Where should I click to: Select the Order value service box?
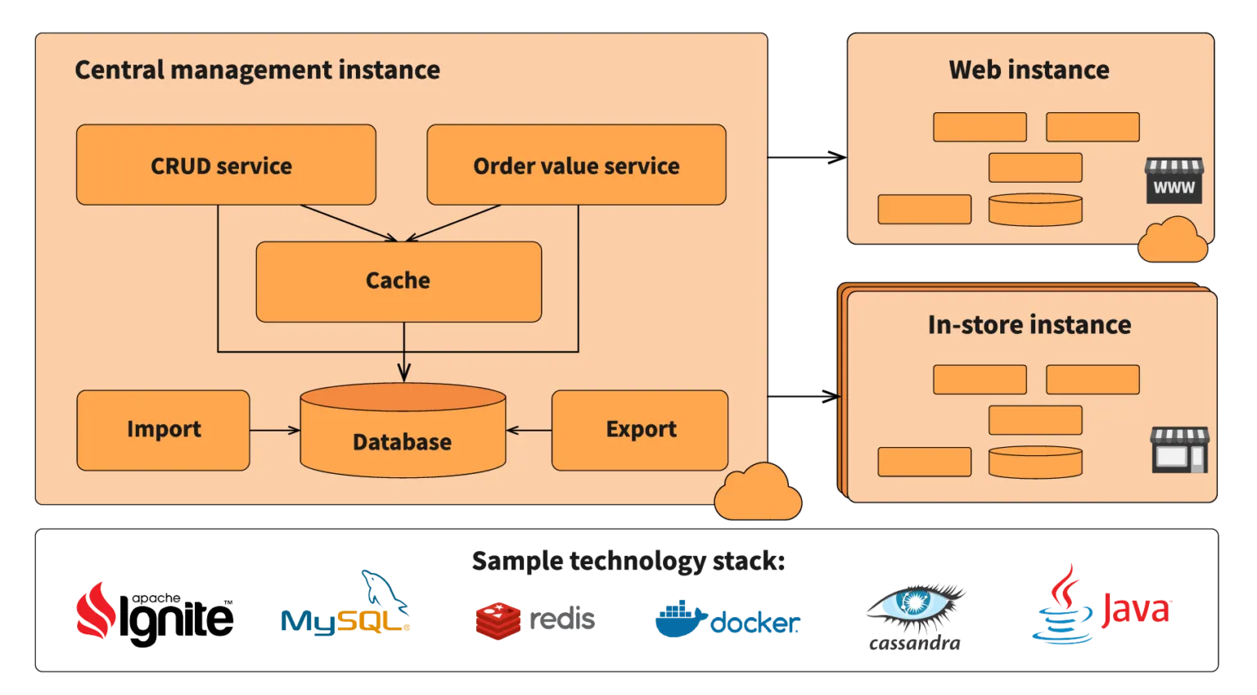[x=576, y=165]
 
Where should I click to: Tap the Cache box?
[x=399, y=281]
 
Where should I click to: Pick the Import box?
[x=163, y=430]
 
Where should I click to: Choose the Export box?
[x=640, y=430]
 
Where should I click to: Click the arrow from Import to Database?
[x=275, y=430]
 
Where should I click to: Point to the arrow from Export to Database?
[x=529, y=430]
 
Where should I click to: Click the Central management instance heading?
[x=257, y=70]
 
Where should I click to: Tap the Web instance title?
[x=1029, y=70]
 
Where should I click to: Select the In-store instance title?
[x=1029, y=325]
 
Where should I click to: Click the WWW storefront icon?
[x=1174, y=181]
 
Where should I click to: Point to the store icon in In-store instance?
[x=1179, y=449]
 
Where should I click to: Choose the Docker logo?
[x=728, y=621]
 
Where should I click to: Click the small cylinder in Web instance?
[x=1035, y=210]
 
